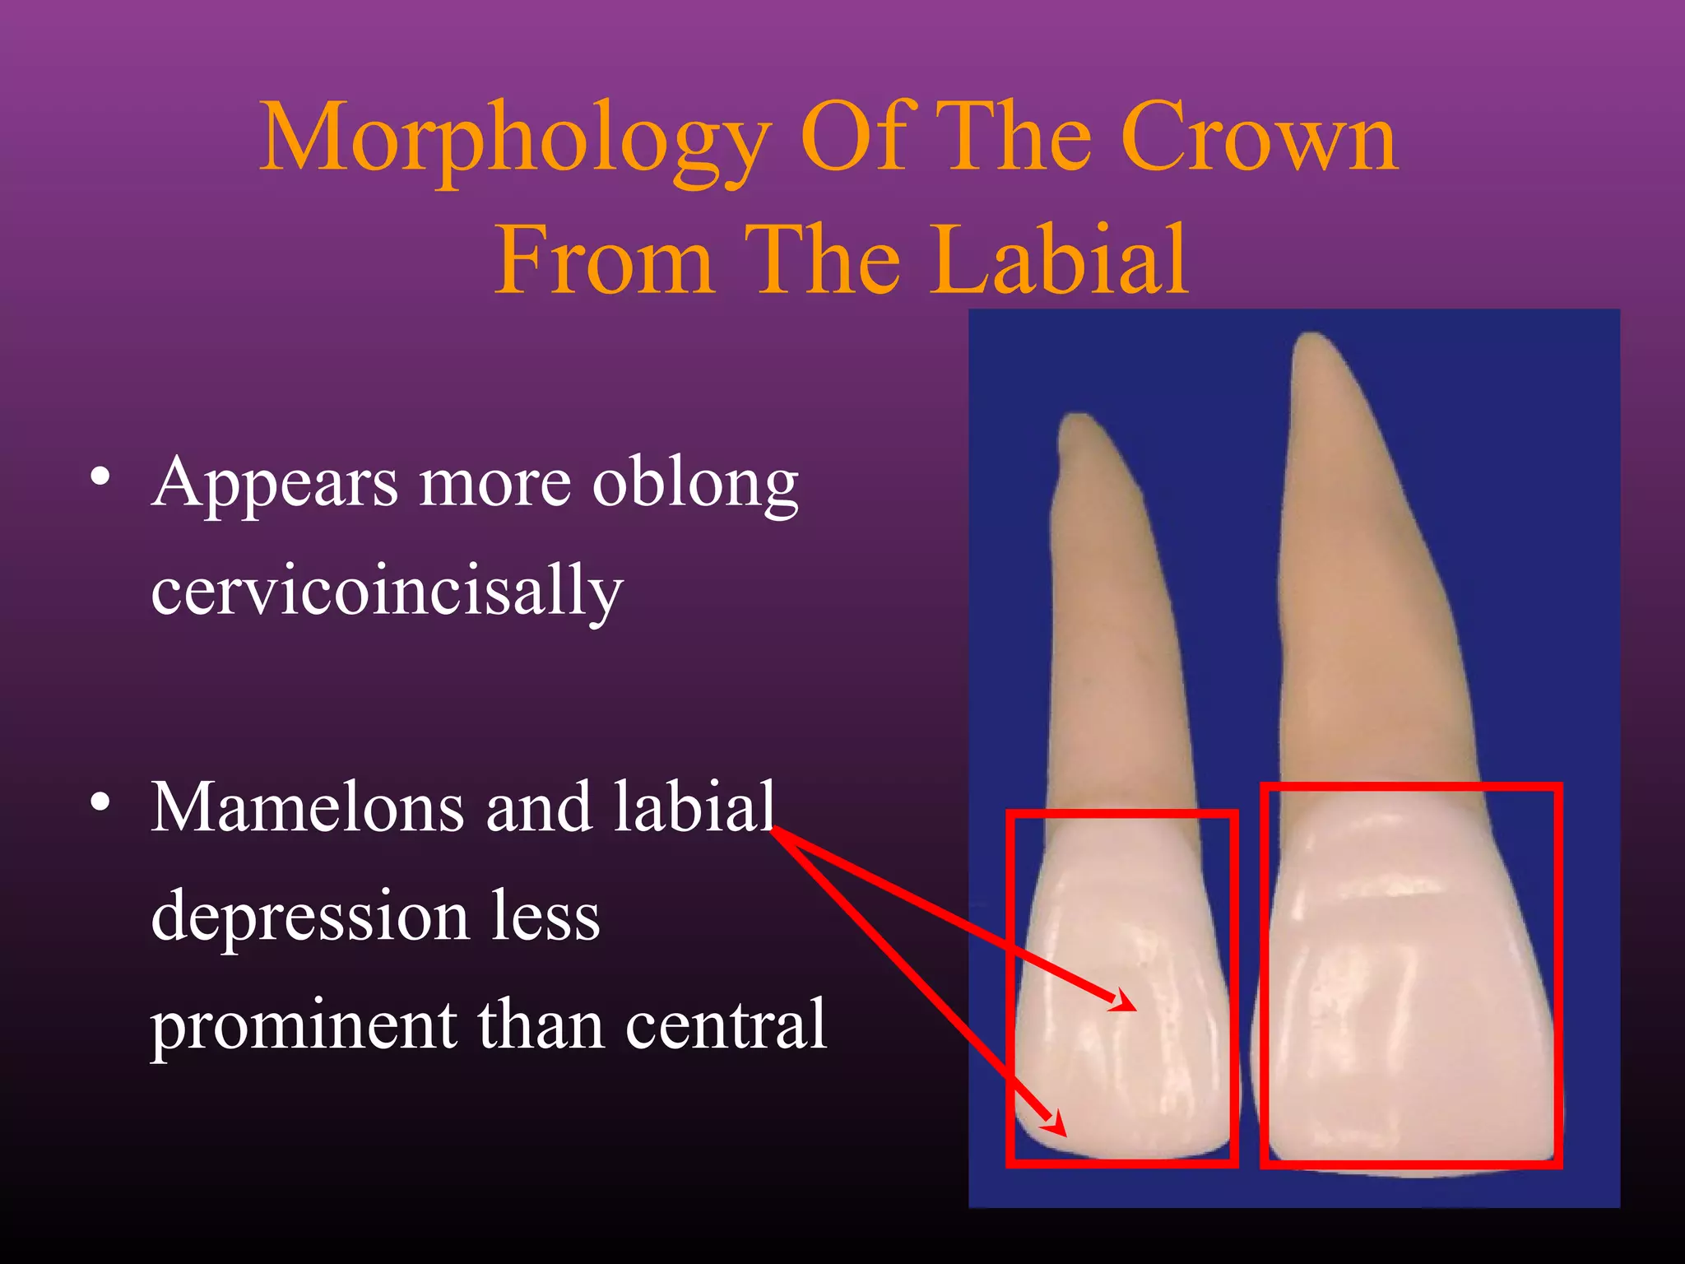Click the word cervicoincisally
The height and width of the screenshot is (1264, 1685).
tap(387, 591)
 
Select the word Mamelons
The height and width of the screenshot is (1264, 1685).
tap(307, 808)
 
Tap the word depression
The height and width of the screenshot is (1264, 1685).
tap(310, 918)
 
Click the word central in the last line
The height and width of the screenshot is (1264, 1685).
tap(725, 1025)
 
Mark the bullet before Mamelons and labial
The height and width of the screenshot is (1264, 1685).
tap(100, 802)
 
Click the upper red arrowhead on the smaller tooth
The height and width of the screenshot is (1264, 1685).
tap(1124, 1002)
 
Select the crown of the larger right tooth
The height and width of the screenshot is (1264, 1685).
tap(1410, 987)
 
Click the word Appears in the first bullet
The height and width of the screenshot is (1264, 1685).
tap(275, 484)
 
